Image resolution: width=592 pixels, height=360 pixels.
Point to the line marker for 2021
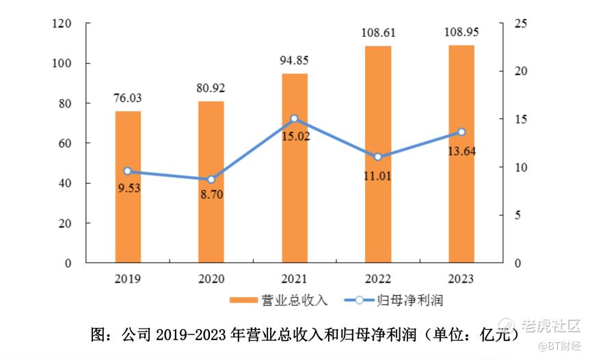tap(295, 118)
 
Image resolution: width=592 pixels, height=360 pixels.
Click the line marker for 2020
tap(211, 180)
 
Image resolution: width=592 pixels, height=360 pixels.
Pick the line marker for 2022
tap(378, 157)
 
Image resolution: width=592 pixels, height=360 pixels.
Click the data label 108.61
tap(378, 33)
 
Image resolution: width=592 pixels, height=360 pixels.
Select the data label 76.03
tap(128, 98)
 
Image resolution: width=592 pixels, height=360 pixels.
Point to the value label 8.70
tap(211, 195)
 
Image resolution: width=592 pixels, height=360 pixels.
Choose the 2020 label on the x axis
tap(211, 279)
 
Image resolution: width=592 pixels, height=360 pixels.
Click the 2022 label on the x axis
tap(378, 279)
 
